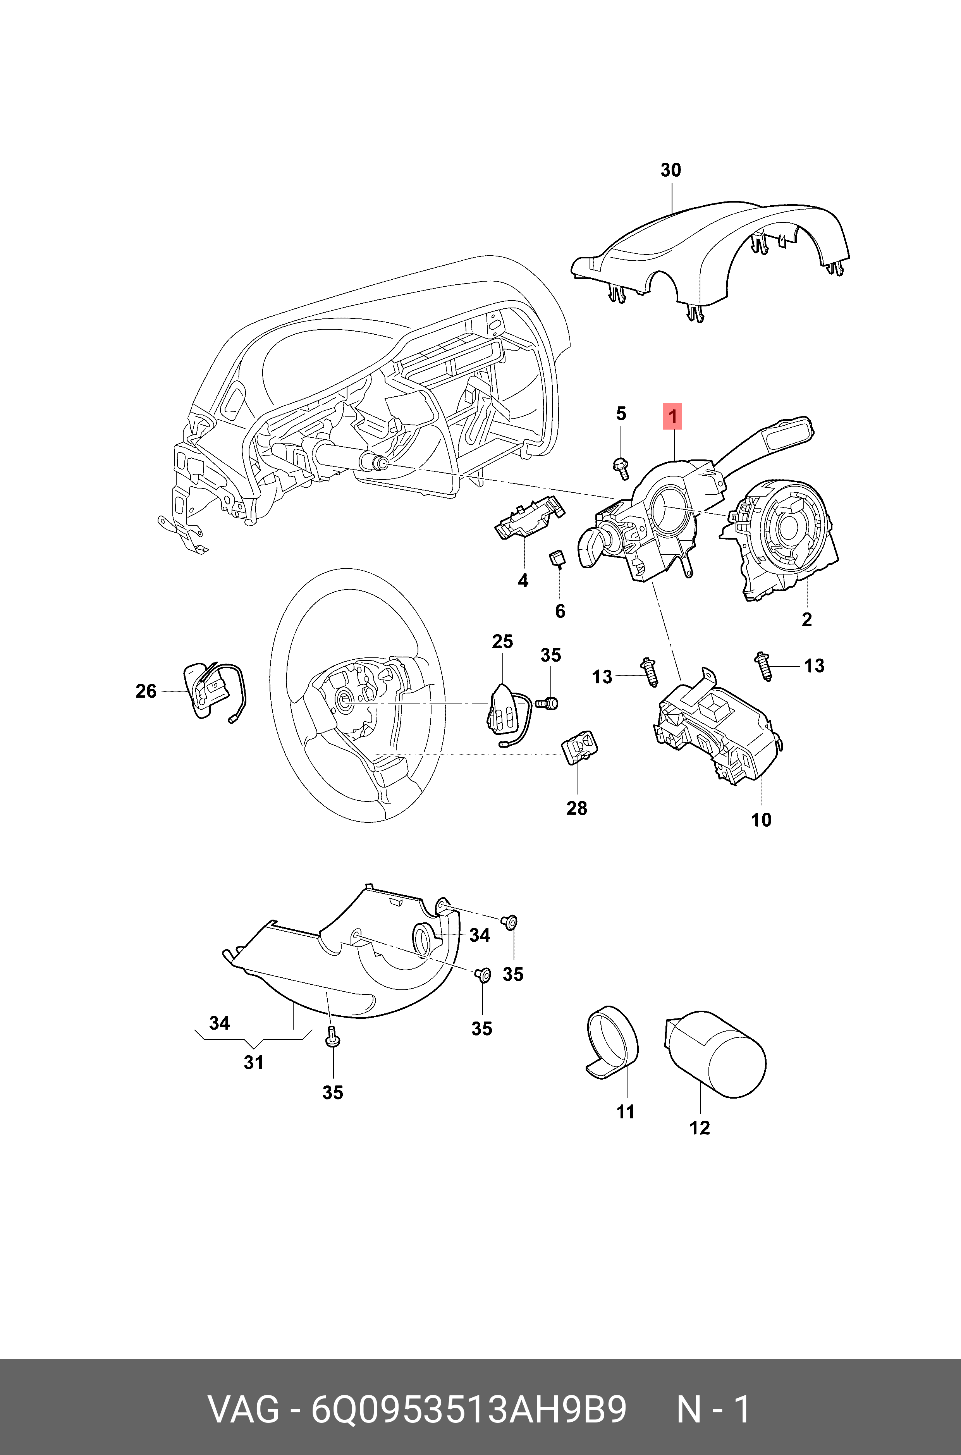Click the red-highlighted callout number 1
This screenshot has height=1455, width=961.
click(x=672, y=417)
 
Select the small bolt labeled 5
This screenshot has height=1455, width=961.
click(x=621, y=468)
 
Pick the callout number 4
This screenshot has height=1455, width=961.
click(x=523, y=580)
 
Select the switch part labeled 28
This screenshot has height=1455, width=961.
click(x=579, y=746)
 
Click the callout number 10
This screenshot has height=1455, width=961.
click(x=761, y=819)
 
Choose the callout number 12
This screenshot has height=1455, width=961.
click(x=699, y=1127)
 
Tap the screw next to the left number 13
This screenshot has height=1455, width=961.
click(x=649, y=672)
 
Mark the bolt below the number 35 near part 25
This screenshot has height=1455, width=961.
click(x=548, y=703)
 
